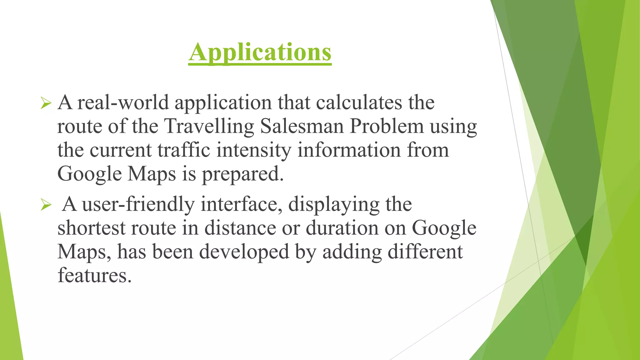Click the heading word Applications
(x=260, y=52)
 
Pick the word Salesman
(x=302, y=126)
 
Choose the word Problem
(x=386, y=126)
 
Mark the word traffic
(x=184, y=150)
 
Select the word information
(x=349, y=150)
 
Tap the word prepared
(x=242, y=174)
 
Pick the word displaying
(x=333, y=205)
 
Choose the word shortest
(x=91, y=228)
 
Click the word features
(x=94, y=275)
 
